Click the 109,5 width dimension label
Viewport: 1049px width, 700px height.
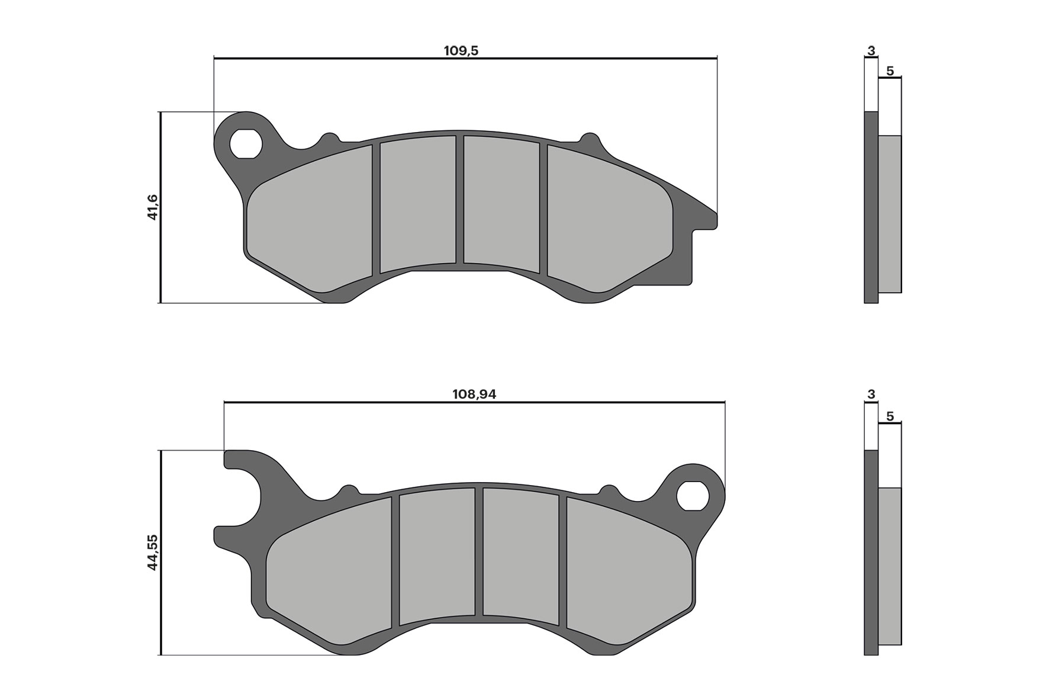tap(461, 51)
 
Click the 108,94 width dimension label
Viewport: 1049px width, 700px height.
tap(474, 394)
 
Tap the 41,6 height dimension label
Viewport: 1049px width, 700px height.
tap(153, 207)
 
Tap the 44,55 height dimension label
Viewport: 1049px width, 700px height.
tap(153, 552)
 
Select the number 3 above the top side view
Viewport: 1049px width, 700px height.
tap(871, 51)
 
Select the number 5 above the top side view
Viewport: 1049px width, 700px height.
tap(890, 72)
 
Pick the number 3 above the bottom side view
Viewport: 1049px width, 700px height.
tap(871, 394)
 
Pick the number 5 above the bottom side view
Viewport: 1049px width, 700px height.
tap(890, 417)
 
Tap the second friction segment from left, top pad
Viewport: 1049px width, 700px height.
tap(417, 204)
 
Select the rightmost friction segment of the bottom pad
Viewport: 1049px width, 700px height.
tap(628, 571)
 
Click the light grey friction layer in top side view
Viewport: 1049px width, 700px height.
tap(889, 213)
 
